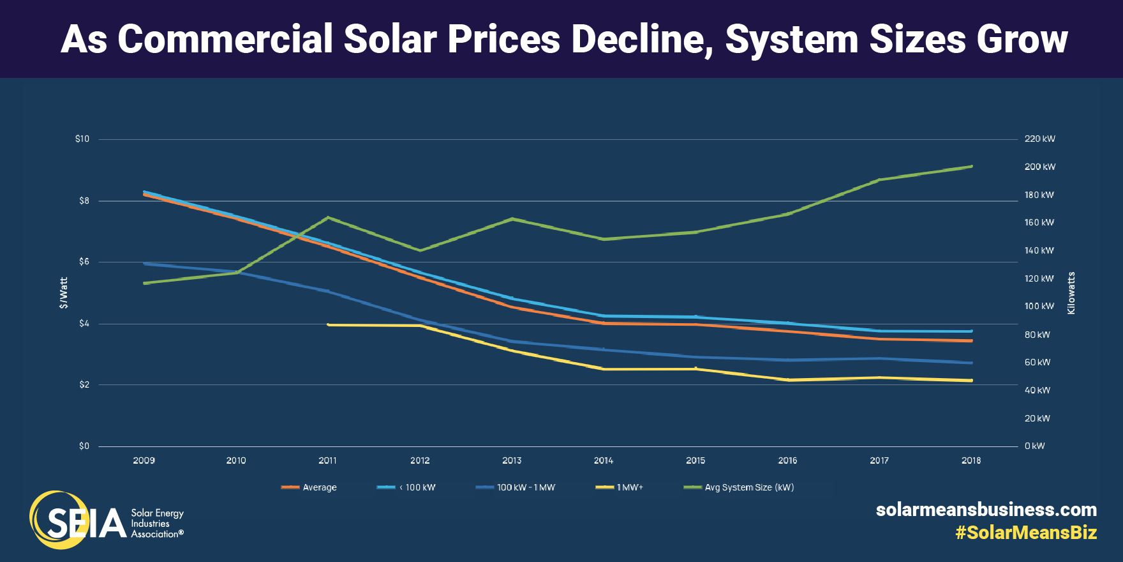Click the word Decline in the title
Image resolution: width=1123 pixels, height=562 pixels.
point(642,40)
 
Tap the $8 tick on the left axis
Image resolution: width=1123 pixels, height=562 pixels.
point(84,201)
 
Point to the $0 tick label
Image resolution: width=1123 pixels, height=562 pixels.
point(84,446)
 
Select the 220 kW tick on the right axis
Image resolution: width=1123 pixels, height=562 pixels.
point(1039,139)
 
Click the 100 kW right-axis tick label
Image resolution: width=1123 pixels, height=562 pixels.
point(1039,306)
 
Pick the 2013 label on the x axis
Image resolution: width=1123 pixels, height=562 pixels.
point(512,460)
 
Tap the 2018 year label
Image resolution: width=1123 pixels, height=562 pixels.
point(971,460)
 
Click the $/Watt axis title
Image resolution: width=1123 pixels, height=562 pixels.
point(63,292)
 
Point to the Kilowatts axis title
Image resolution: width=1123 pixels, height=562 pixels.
point(1071,292)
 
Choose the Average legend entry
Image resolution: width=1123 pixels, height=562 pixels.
point(319,487)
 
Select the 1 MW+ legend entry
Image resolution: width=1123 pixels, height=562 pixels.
point(629,487)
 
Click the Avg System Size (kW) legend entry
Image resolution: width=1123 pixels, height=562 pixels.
point(748,487)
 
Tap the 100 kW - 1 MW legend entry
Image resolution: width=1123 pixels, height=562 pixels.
point(526,487)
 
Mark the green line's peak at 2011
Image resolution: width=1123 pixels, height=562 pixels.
point(328,217)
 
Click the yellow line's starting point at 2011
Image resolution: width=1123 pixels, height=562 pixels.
point(328,324)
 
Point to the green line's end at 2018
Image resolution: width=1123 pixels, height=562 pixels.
point(971,166)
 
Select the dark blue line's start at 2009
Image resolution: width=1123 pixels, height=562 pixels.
point(145,263)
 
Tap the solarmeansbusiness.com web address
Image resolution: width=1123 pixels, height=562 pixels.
point(986,510)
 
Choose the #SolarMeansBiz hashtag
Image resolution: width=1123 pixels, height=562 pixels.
point(1025,533)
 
